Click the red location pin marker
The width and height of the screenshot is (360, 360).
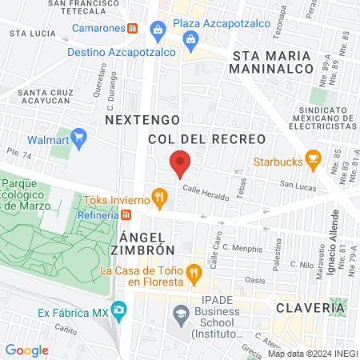click(x=180, y=162)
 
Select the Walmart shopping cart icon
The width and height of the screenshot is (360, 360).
click(x=78, y=139)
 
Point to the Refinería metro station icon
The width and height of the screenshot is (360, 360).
click(x=126, y=214)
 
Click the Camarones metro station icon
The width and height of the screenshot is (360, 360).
click(x=132, y=27)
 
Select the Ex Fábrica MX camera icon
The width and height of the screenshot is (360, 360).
click(x=118, y=309)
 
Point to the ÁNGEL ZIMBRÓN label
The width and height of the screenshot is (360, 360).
click(x=147, y=246)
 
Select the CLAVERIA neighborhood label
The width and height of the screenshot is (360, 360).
click(x=311, y=307)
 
